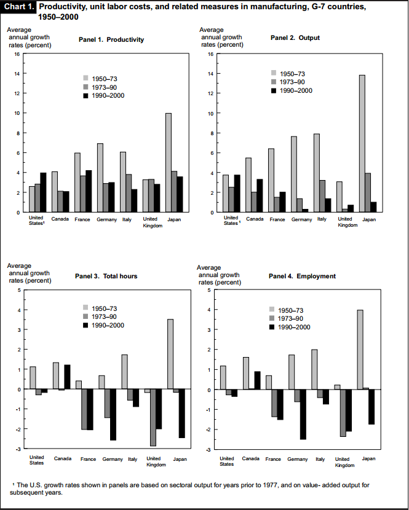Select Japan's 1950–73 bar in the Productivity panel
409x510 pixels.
(168, 163)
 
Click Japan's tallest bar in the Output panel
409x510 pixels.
(362, 144)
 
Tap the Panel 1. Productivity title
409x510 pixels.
(111, 40)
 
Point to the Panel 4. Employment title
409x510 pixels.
(302, 277)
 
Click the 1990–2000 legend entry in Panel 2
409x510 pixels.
(292, 90)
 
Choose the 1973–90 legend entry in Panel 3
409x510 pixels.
(103, 316)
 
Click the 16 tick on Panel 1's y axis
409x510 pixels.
(17, 54)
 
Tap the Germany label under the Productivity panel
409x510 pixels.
(106, 219)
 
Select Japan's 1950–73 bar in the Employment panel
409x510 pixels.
(360, 350)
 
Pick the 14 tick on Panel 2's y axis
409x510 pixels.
(210, 74)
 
